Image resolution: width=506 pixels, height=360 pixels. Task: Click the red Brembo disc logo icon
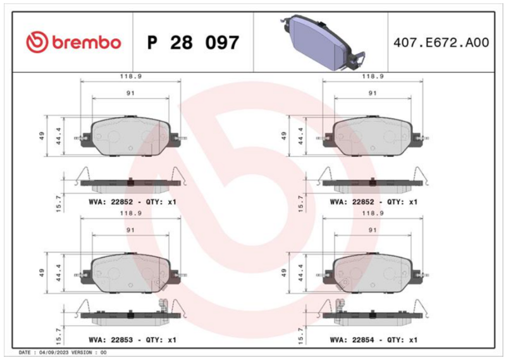37,42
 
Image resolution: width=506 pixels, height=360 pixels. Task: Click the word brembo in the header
87,42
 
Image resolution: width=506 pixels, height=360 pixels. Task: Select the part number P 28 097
193,42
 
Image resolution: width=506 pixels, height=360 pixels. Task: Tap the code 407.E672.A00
441,42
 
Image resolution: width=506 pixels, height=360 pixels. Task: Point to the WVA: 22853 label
111,340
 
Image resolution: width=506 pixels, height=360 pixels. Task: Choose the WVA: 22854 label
352,340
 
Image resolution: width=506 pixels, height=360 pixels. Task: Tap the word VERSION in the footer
82,352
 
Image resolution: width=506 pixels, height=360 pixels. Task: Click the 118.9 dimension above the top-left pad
131,77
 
